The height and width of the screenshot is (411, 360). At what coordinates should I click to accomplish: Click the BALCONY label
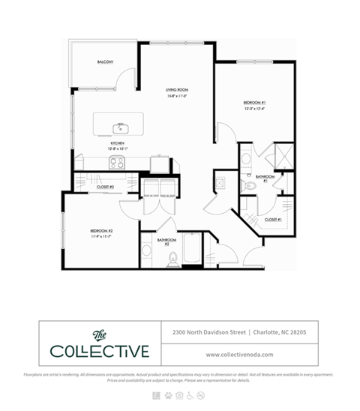pos(104,61)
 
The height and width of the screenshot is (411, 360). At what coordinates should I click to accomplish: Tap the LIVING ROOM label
pos(176,91)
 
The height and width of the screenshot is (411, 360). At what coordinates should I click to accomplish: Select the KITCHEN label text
pos(117,142)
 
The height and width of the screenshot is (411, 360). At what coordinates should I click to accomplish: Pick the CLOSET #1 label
pos(273,220)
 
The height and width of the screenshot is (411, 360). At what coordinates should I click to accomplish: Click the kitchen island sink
pos(118,127)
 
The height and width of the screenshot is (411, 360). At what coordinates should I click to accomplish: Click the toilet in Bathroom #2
pos(172,259)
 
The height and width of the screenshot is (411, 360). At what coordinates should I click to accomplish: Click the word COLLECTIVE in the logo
pos(100,351)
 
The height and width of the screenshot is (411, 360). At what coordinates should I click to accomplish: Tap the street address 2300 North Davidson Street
pos(206,331)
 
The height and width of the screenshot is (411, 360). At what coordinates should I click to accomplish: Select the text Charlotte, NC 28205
pos(280,331)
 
